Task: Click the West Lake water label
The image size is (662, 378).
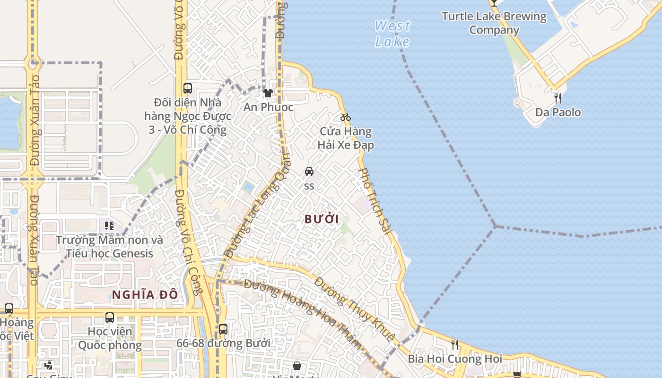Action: coord(392,34)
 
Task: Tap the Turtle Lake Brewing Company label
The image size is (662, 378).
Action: coord(494,23)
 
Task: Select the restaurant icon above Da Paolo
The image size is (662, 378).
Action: coord(558,98)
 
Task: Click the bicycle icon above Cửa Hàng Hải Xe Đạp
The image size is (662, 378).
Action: coord(346,117)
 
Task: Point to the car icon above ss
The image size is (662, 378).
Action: coord(309,171)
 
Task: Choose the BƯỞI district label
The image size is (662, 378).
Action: coord(322,219)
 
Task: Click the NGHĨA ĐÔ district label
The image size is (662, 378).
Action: coord(145,295)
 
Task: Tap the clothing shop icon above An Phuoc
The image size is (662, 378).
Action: coord(268,93)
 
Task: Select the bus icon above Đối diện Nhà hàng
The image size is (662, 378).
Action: coord(188,88)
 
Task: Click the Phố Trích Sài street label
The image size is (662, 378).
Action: coord(376,201)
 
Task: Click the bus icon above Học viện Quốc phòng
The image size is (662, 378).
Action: coord(110,318)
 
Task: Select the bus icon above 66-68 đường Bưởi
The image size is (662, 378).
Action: coord(223,329)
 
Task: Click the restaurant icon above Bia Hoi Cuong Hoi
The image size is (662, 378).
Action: coord(455,344)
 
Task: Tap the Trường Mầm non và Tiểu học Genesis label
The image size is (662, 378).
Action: coord(110,247)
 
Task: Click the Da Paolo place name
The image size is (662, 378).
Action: coord(558,112)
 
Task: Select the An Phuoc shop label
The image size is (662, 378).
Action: coord(268,107)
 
